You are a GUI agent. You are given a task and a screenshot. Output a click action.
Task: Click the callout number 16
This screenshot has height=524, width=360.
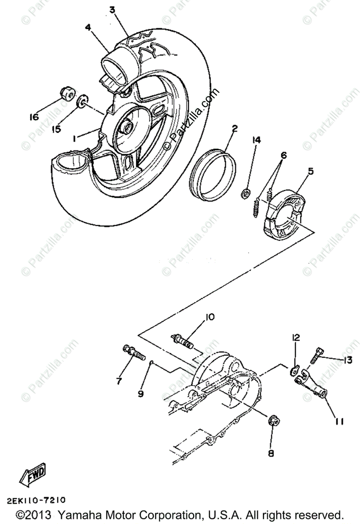pyautogui.click(x=34, y=117)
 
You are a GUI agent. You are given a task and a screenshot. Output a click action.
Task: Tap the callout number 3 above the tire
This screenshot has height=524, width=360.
pyautogui.click(x=113, y=11)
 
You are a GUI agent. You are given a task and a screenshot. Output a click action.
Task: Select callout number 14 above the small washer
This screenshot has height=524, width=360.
pyautogui.click(x=256, y=140)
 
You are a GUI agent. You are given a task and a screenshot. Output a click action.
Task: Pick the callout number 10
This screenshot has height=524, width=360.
pyautogui.click(x=210, y=317)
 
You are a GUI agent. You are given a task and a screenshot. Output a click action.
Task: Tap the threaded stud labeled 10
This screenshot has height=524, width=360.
pyautogui.click(x=182, y=341)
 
